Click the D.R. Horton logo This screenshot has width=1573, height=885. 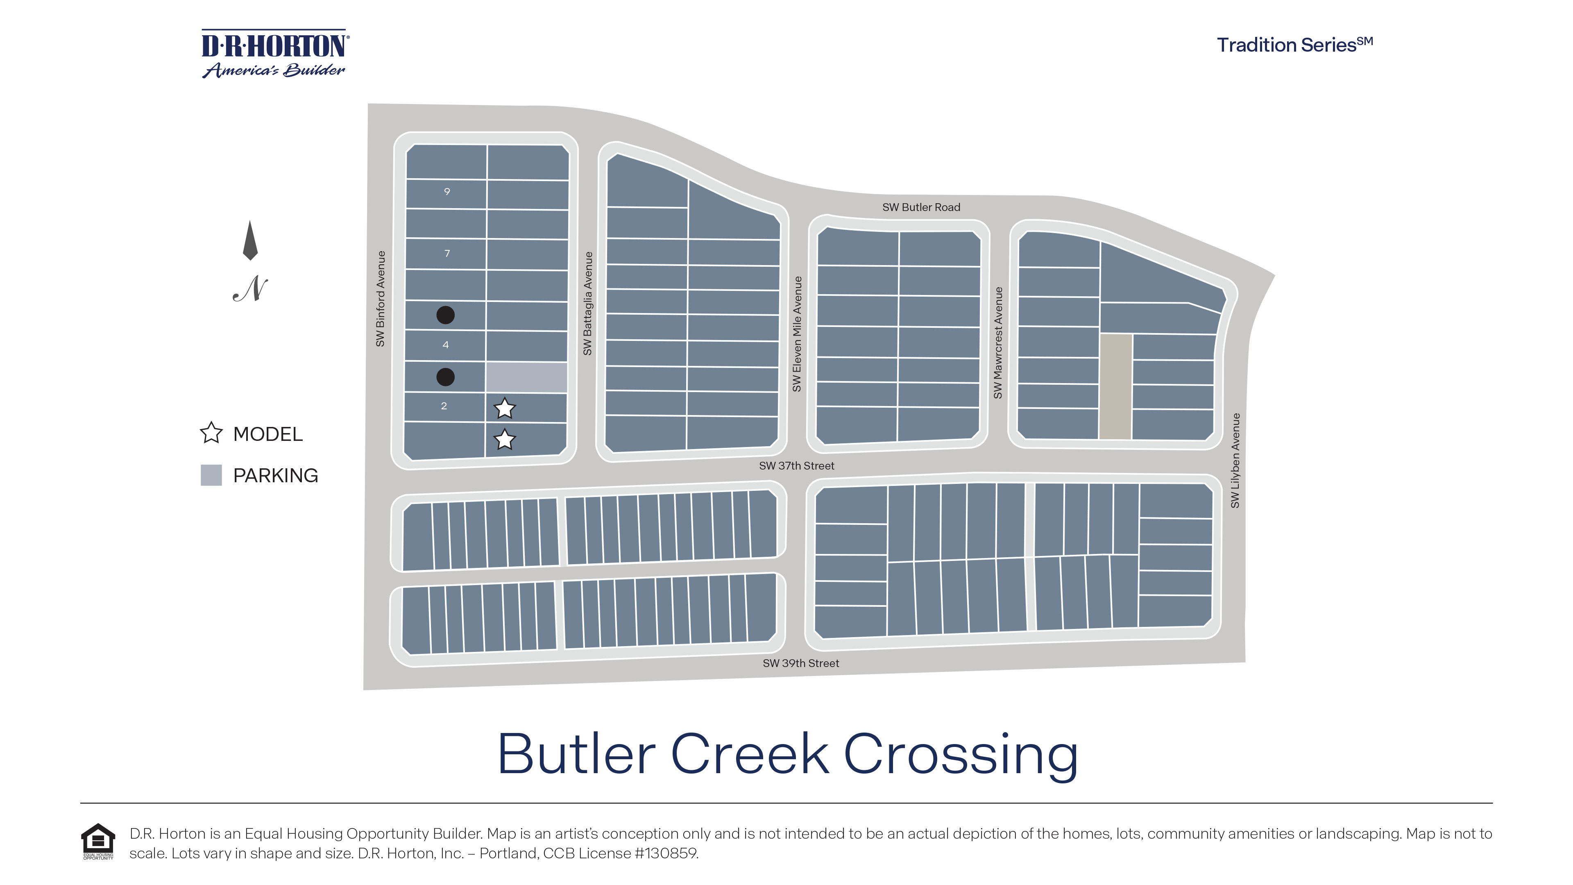275,54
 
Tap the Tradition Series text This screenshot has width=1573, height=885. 1294,45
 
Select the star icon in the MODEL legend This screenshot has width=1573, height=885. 211,433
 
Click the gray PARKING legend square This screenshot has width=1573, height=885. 211,475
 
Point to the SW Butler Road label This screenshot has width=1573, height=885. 921,207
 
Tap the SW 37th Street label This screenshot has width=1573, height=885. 796,465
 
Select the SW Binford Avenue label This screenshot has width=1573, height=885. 381,299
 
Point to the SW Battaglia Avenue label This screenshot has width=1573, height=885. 587,304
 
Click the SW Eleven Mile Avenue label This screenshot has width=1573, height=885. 796,334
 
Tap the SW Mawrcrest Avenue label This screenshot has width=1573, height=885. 998,343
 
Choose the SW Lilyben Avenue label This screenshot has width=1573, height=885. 1235,461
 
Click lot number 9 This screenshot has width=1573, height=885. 447,192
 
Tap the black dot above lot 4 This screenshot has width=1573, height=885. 445,315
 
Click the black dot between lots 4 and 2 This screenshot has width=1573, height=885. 445,377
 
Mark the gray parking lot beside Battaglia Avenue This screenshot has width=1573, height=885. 526,377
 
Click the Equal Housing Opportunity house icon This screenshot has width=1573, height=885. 98,842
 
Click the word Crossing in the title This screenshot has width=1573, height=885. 961,756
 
